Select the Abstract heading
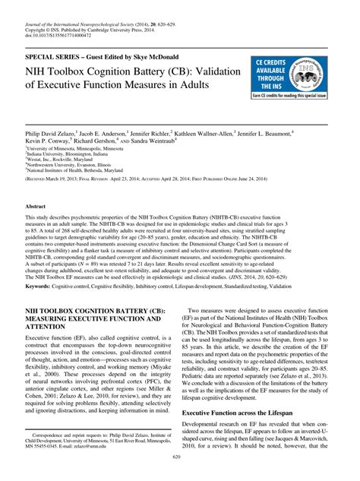tap(39, 206)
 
